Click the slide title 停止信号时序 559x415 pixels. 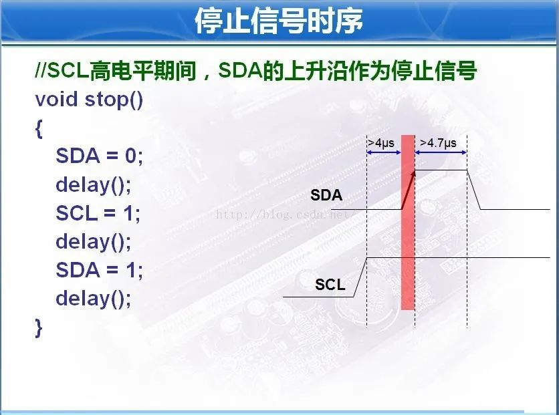(x=279, y=21)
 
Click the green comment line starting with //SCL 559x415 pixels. (x=256, y=71)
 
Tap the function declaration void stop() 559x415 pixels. (x=89, y=99)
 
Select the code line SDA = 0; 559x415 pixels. (x=99, y=156)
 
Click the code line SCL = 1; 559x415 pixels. (x=98, y=213)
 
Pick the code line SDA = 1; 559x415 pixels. (x=99, y=270)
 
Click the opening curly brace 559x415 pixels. (x=39, y=128)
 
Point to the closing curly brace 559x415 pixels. (x=39, y=327)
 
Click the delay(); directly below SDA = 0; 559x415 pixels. (x=94, y=185)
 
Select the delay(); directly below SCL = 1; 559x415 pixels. (x=94, y=242)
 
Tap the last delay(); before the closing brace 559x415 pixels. (x=94, y=299)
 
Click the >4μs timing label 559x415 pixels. (x=381, y=143)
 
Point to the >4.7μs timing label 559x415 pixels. (x=439, y=143)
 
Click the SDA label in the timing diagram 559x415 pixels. (x=326, y=195)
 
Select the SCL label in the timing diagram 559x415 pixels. (x=330, y=284)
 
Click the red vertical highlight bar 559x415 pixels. (x=408, y=223)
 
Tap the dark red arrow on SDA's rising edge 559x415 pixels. (x=409, y=190)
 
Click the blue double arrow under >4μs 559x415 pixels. (x=384, y=152)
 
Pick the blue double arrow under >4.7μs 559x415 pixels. (x=441, y=152)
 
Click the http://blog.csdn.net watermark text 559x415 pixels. (x=283, y=215)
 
